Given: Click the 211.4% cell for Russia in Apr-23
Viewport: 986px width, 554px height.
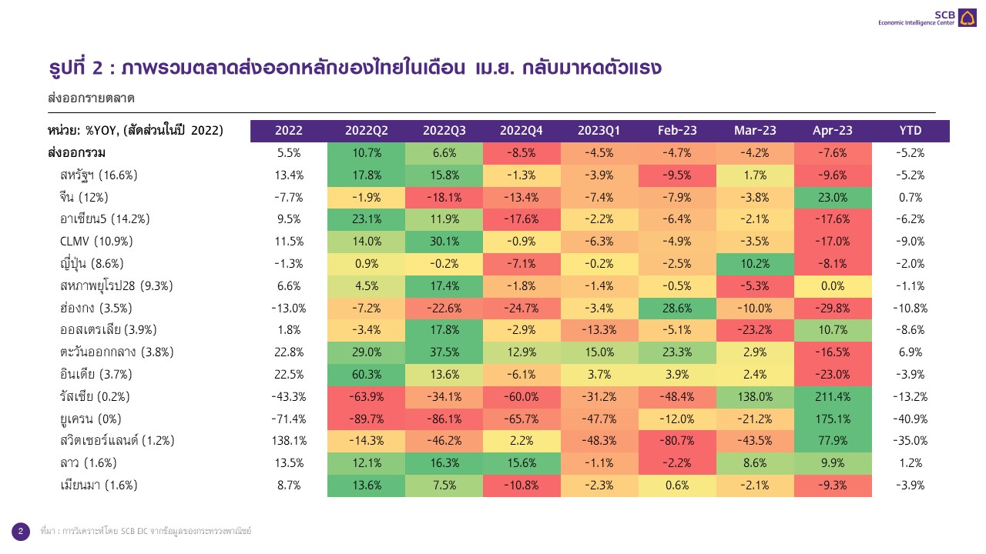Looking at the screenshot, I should click(833, 397).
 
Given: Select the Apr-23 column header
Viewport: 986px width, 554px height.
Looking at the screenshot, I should click(833, 131).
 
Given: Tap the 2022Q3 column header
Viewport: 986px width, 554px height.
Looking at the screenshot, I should click(444, 131).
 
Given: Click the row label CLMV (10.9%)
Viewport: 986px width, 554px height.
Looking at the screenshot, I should click(98, 241).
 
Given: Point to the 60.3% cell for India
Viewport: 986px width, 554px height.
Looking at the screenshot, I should click(367, 375).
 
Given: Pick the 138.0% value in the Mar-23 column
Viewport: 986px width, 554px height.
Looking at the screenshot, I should click(755, 397).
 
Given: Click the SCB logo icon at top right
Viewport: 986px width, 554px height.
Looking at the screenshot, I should click(968, 18).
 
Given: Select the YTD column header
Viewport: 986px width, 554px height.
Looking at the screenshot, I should click(911, 131).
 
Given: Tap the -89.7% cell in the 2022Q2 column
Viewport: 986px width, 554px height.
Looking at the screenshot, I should click(367, 419).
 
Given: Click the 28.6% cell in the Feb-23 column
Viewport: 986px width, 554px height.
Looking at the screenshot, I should click(677, 308).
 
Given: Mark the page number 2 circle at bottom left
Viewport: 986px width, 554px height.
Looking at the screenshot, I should click(21, 531).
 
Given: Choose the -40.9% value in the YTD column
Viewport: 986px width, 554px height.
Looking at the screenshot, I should click(911, 419).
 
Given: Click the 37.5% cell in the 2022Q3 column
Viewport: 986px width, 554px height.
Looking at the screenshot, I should click(444, 352).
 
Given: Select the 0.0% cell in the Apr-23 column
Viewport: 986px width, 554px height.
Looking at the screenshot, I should click(833, 285).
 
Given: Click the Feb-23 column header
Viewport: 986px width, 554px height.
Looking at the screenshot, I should click(677, 131).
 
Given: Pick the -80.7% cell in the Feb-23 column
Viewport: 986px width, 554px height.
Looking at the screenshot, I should click(677, 441).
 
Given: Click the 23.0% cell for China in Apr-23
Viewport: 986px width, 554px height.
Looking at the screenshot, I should click(833, 197).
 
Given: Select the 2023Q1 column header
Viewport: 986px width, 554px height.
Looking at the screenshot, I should click(599, 131).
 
